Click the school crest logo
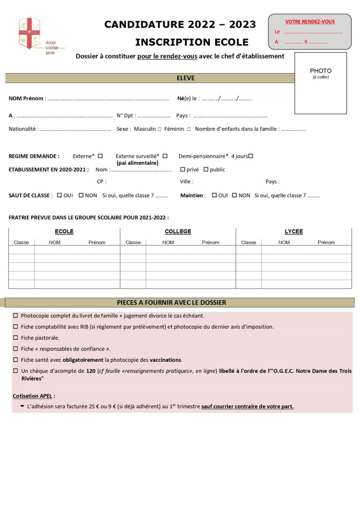[x=29, y=33]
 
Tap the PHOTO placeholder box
[x=321, y=83]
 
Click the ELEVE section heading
[x=186, y=78]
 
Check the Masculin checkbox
[x=159, y=129]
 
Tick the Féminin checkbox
[x=188, y=129]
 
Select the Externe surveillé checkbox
[x=165, y=156]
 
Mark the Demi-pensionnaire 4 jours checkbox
[x=251, y=156]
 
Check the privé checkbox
[x=182, y=169]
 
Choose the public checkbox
[x=206, y=169]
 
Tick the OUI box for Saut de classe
[x=59, y=195]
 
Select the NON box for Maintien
[x=234, y=195]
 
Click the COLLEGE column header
[x=178, y=231]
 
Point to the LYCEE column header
[x=294, y=231]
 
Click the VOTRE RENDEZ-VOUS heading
[x=310, y=22]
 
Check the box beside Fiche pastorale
[x=15, y=337]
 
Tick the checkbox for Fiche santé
[x=15, y=360]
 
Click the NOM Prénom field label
[x=26, y=99]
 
